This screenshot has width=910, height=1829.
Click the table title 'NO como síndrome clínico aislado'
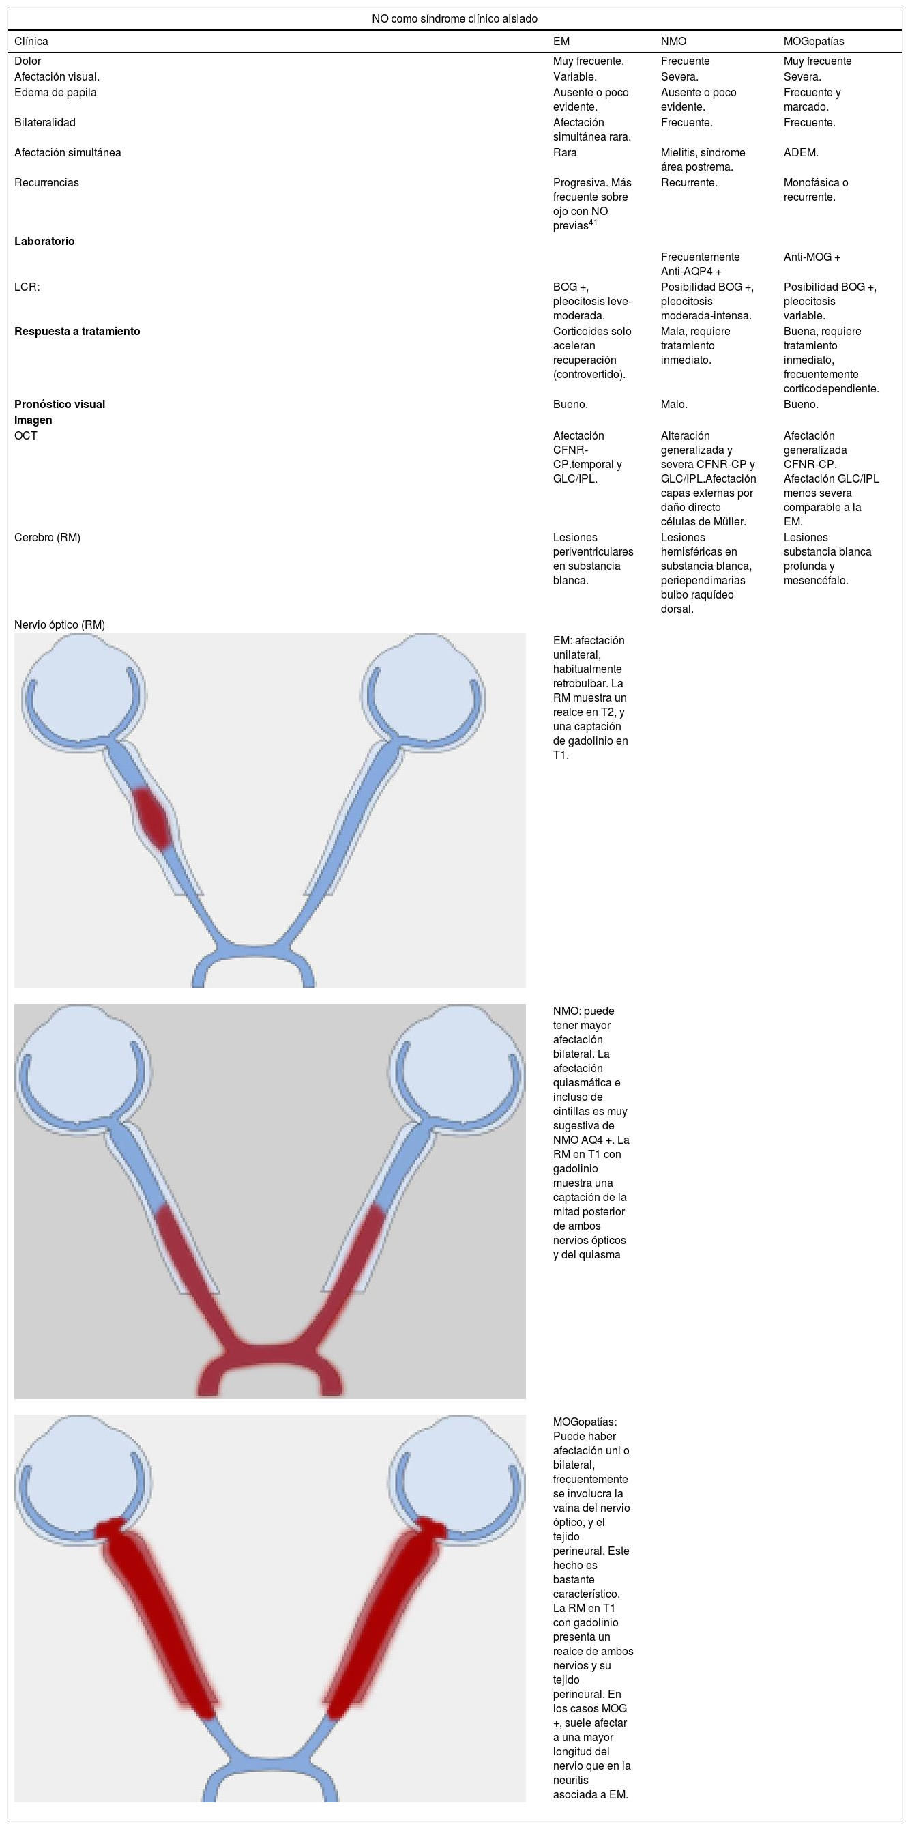(454, 18)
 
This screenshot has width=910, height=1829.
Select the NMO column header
(673, 41)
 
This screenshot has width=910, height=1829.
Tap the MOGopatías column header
(813, 41)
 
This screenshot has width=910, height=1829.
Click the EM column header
(561, 41)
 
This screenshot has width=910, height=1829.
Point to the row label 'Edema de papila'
(55, 92)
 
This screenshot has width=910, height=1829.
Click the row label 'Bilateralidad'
(45, 122)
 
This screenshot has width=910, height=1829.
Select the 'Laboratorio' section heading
(44, 241)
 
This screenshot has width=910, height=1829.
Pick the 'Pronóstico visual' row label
(59, 404)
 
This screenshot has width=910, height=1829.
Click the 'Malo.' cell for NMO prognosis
(673, 404)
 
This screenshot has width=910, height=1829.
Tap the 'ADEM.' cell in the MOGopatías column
(801, 152)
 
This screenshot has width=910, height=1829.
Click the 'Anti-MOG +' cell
(811, 257)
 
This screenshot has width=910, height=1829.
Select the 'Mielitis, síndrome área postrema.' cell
(702, 159)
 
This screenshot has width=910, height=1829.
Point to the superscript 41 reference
(593, 222)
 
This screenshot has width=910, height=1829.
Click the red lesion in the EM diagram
(153, 819)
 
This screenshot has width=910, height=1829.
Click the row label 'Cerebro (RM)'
(48, 537)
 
